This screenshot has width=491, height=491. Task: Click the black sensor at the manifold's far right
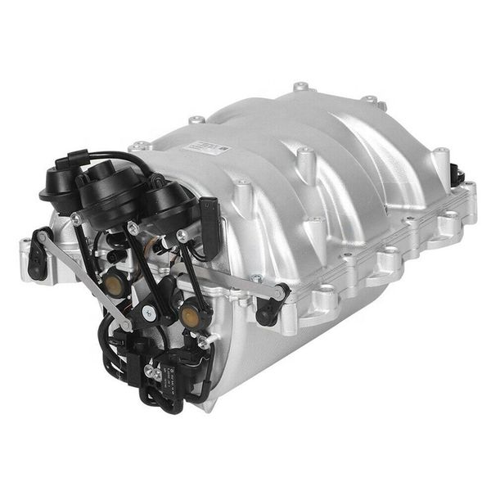coord(457,174)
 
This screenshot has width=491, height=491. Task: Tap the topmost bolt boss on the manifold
coord(301,86)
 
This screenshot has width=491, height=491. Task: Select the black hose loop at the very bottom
coord(155,399)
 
